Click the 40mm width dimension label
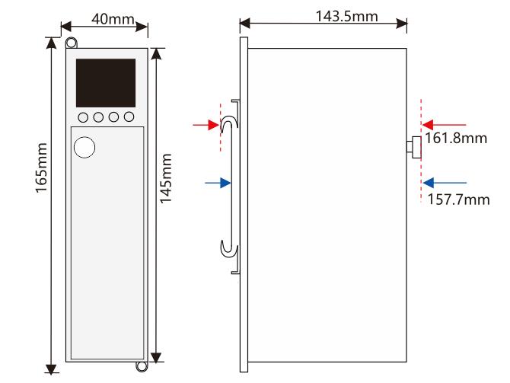(x=113, y=19)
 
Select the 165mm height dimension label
(x=42, y=168)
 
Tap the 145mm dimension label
(x=166, y=178)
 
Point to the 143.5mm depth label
(x=346, y=16)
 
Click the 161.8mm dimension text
(x=456, y=139)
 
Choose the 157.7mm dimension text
(x=458, y=199)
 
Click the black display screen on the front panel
(x=106, y=83)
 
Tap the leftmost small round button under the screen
(x=83, y=117)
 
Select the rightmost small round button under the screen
(x=129, y=116)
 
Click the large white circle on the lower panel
(x=84, y=148)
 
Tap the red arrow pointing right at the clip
(x=206, y=125)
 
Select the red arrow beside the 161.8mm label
(x=444, y=125)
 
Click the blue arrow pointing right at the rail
(x=218, y=183)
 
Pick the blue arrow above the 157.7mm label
(x=445, y=183)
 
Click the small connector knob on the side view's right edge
(x=414, y=148)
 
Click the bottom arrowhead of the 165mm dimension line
(x=51, y=369)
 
